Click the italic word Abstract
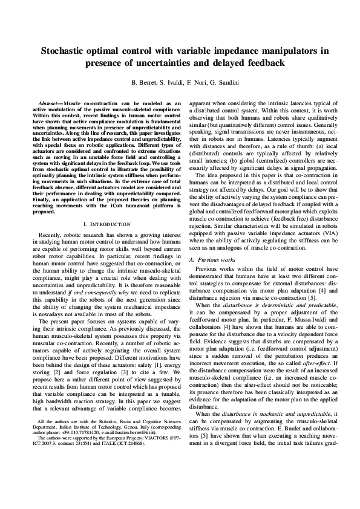50,104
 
